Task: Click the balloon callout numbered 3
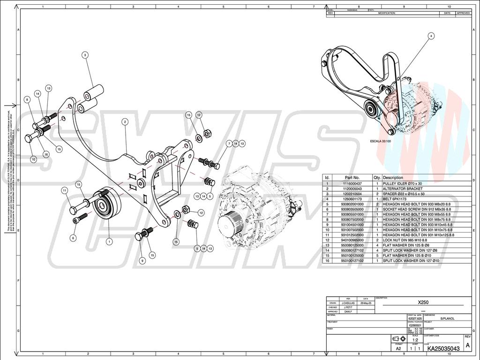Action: [85, 55]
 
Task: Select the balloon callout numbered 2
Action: [125, 121]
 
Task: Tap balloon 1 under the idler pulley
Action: [109, 242]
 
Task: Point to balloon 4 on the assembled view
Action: [431, 35]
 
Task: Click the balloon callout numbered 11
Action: [64, 190]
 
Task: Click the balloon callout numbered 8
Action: [27, 99]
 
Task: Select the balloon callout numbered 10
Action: [33, 159]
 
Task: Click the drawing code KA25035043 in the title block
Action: [443, 348]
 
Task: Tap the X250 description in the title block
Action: [423, 302]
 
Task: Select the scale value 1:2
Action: [415, 339]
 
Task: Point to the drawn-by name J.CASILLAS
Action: [348, 303]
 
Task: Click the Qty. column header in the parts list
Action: [377, 178]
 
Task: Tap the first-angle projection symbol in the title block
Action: [398, 339]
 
